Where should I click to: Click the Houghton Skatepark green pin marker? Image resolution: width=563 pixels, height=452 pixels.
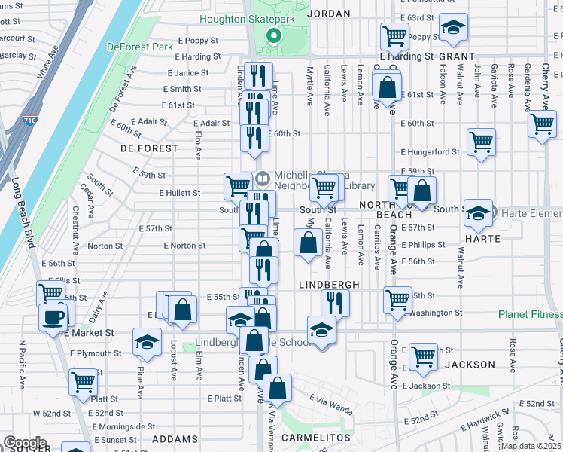pos(275,35)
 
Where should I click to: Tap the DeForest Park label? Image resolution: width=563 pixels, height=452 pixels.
pos(139,46)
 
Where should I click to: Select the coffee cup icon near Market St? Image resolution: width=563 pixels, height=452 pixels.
pos(53,317)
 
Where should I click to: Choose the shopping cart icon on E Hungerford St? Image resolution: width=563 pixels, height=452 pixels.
pos(481,142)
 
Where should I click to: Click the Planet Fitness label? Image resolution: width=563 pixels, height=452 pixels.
pos(530,314)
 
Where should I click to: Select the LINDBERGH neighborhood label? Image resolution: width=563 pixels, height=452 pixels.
pos(328,285)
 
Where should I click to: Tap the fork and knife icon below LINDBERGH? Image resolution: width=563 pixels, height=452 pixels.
pos(335,303)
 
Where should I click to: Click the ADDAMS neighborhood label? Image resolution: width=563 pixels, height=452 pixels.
pos(175,438)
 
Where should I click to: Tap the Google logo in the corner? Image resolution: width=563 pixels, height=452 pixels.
pos(25,443)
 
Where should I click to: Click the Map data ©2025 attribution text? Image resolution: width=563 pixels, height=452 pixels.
pos(530,446)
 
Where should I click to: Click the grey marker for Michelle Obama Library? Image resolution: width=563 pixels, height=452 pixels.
pos(262,179)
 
